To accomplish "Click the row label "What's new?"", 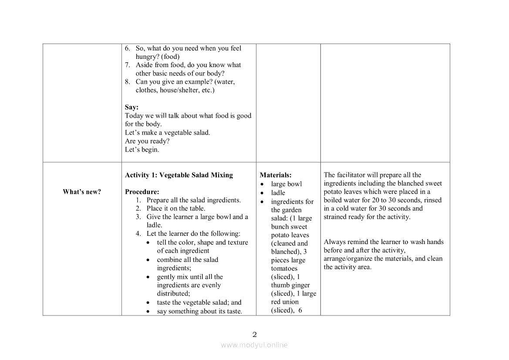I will tap(82, 192).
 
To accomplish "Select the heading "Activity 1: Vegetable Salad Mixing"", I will tap(179, 175).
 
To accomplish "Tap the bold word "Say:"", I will tap(131, 107).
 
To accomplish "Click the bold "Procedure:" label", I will tap(142, 192).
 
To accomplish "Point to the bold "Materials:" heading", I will tap(276, 175).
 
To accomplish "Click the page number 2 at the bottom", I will tap(255, 335).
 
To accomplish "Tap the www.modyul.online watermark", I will tap(254, 345).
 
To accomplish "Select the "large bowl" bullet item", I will tap(286, 184).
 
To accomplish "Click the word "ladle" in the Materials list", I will tap(278, 193).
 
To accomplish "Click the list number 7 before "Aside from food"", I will tap(128, 65).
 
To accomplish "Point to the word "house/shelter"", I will tap(179, 90).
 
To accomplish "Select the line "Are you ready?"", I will tap(147, 141).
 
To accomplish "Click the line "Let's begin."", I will tap(142, 149).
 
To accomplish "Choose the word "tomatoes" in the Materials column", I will tap(284, 268).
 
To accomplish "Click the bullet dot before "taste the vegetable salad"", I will tap(149, 303).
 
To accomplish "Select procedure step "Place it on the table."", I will tap(175, 208).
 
